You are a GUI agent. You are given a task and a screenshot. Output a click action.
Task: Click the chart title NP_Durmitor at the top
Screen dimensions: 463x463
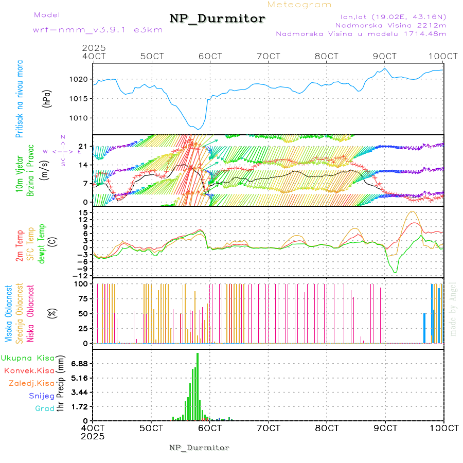pos(217,19)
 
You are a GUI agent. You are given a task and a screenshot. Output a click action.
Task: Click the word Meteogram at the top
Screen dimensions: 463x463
pos(300,5)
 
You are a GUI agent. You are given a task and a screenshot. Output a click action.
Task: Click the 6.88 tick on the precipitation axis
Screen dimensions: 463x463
pos(80,364)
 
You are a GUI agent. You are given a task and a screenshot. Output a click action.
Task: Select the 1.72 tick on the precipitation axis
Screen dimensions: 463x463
pos(80,406)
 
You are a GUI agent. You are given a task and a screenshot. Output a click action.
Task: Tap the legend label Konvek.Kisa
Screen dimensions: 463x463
pos(29,370)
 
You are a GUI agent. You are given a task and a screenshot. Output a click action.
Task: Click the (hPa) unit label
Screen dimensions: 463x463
pos(47,98)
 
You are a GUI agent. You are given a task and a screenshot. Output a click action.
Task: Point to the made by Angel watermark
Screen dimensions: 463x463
pos(453,309)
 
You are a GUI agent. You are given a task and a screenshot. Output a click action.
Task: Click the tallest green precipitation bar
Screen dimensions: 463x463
pos(197,386)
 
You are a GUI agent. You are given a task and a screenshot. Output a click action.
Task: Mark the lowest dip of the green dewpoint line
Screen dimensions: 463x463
pos(395,272)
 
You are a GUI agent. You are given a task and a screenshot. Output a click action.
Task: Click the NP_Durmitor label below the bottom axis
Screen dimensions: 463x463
pos(199,448)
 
